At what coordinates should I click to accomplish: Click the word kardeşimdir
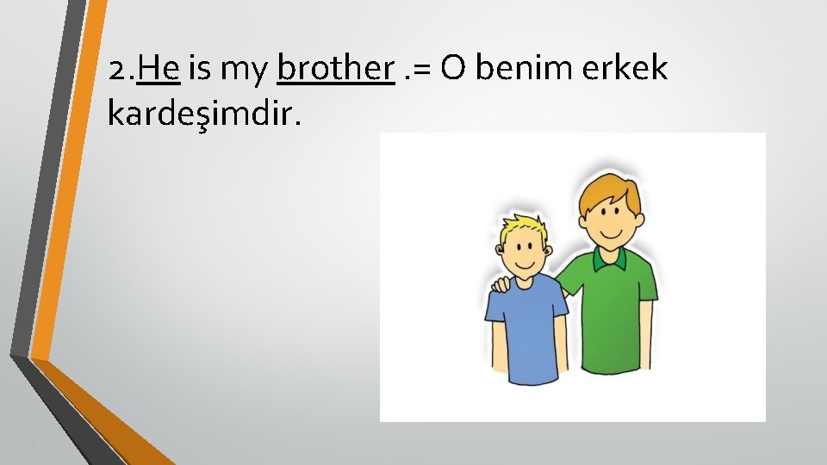[x=205, y=112]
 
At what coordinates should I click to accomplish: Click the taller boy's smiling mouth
[x=612, y=232]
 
